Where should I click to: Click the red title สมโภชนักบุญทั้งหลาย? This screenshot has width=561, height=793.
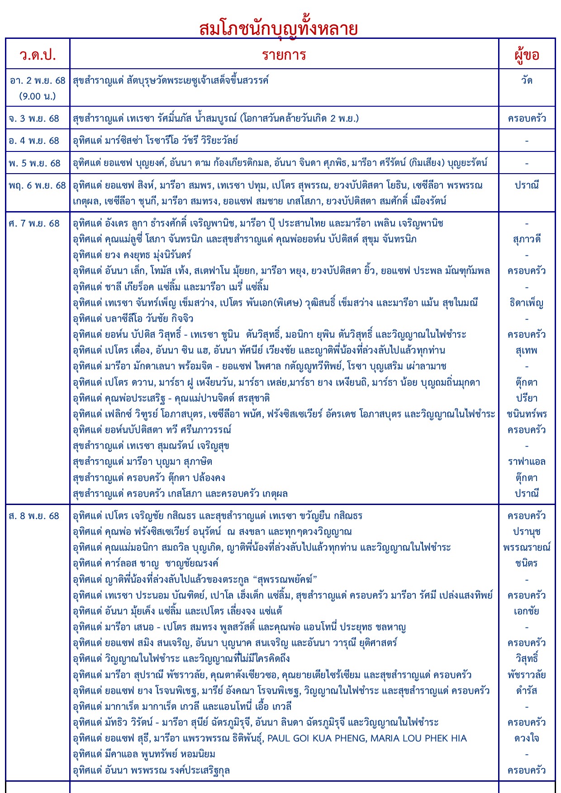pyautogui.click(x=278, y=28)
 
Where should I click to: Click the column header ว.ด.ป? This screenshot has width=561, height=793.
pyautogui.click(x=38, y=55)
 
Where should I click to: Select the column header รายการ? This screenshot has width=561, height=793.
pyautogui.click(x=284, y=55)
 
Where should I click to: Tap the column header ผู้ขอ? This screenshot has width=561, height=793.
pyautogui.click(x=527, y=55)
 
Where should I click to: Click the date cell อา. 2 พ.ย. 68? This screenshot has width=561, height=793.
pyautogui.click(x=38, y=80)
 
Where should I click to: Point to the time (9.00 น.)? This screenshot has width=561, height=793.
pyautogui.click(x=38, y=96)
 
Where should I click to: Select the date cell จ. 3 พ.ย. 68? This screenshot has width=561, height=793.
pyautogui.click(x=34, y=118)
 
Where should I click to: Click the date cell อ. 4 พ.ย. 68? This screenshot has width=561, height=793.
pyautogui.click(x=34, y=141)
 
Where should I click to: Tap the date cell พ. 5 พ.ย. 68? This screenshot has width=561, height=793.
pyautogui.click(x=34, y=163)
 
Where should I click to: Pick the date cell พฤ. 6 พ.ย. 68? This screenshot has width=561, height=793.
pyautogui.click(x=38, y=185)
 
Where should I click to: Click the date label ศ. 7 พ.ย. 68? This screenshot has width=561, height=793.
pyautogui.click(x=34, y=223)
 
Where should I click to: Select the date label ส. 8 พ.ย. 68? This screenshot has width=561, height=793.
pyautogui.click(x=34, y=516)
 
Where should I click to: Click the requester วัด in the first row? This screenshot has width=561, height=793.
pyautogui.click(x=527, y=80)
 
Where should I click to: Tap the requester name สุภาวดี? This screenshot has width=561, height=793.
pyautogui.click(x=527, y=239)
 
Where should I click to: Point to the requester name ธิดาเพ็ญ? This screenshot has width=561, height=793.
pyautogui.click(x=527, y=303)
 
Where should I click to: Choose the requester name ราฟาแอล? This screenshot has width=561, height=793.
pyautogui.click(x=527, y=462)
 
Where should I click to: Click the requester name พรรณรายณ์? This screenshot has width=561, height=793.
pyautogui.click(x=527, y=548)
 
